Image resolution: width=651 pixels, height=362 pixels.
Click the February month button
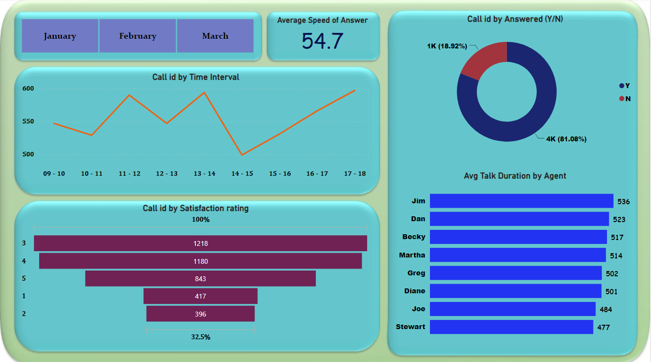(137, 36)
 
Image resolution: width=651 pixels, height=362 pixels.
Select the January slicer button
(60, 36)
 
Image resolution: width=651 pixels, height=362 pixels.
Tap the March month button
(215, 36)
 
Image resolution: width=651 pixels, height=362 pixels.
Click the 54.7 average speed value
(323, 41)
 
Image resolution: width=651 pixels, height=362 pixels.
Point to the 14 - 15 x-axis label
(242, 173)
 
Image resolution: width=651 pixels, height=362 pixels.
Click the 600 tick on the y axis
(28, 88)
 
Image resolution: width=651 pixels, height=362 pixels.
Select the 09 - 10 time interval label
(54, 173)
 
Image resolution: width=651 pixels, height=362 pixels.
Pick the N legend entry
(625, 99)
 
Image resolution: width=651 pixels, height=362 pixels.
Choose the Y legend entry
(625, 86)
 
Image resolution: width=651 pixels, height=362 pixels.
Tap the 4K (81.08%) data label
(566, 139)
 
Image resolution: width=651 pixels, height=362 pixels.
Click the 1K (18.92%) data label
(447, 46)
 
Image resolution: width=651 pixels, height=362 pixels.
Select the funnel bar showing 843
(200, 278)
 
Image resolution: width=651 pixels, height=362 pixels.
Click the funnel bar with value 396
(200, 314)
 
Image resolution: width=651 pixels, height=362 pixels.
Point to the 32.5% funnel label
(200, 337)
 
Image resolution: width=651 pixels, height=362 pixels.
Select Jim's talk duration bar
(521, 201)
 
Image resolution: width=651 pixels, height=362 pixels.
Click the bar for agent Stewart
(511, 327)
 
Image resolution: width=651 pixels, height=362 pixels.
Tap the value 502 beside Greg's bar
(612, 274)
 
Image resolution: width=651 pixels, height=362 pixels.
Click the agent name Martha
(412, 255)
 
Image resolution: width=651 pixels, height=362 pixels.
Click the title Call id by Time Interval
(196, 77)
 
